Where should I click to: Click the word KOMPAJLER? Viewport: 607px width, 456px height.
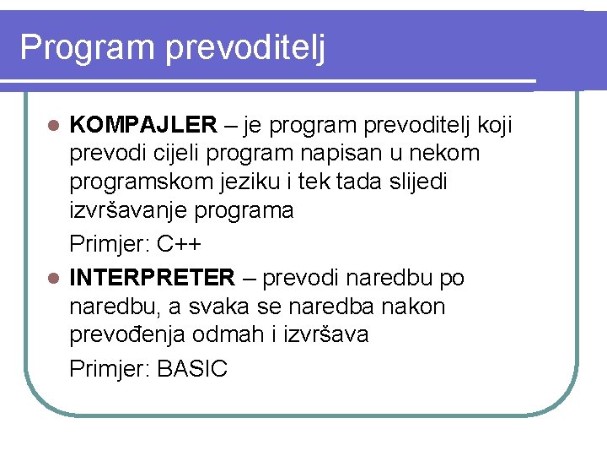143,126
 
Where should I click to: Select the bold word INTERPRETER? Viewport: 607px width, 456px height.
153,278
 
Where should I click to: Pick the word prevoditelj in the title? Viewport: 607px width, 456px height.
245,48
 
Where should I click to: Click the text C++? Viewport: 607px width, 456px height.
180,246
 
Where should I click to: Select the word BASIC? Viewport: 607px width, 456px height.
192,369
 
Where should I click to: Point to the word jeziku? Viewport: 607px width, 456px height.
262,182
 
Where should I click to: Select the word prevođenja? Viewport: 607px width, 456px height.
127,335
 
